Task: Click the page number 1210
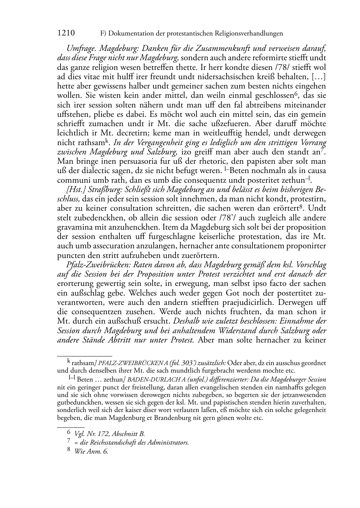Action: click(66, 33)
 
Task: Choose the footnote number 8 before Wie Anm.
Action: click(70, 451)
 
